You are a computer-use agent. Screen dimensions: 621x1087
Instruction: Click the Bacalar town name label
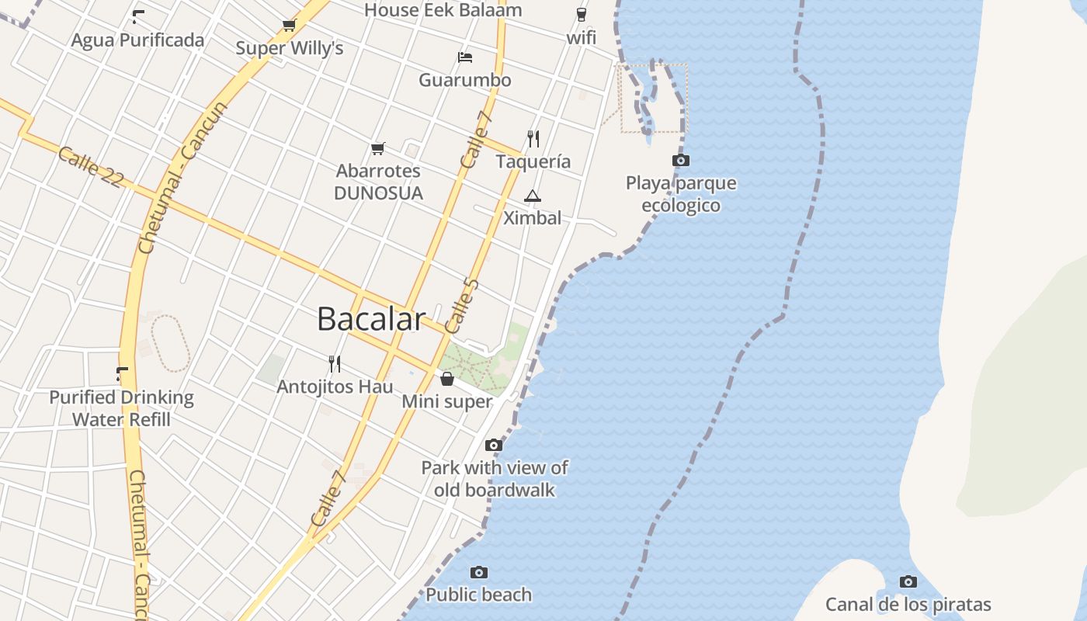(371, 319)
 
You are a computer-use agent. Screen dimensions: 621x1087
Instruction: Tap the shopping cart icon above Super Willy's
(290, 25)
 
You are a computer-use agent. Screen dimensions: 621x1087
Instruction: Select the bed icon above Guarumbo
(465, 57)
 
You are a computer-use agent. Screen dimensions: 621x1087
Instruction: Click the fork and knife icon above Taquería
(533, 139)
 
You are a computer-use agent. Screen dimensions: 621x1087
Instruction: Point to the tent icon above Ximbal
(532, 196)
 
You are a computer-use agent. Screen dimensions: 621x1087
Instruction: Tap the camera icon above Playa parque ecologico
(680, 161)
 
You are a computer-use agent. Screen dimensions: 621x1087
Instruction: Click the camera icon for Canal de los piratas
(908, 581)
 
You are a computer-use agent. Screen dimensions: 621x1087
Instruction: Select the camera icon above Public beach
(479, 572)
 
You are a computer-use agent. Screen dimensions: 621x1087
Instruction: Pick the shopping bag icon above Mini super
(447, 379)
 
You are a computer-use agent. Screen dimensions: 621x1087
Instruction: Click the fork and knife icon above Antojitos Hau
(335, 363)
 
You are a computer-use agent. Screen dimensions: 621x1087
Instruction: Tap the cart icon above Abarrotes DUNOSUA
(378, 148)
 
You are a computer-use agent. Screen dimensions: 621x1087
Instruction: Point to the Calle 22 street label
(90, 167)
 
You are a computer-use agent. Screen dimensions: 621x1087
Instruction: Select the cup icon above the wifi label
(582, 15)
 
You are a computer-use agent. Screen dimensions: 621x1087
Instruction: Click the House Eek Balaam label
(443, 10)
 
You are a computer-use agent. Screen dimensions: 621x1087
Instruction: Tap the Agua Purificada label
(138, 40)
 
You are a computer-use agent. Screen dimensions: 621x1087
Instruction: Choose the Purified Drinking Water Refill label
(121, 408)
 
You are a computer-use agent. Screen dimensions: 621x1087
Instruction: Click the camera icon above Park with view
(493, 445)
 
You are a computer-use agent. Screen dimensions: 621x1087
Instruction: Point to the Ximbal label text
(532, 218)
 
